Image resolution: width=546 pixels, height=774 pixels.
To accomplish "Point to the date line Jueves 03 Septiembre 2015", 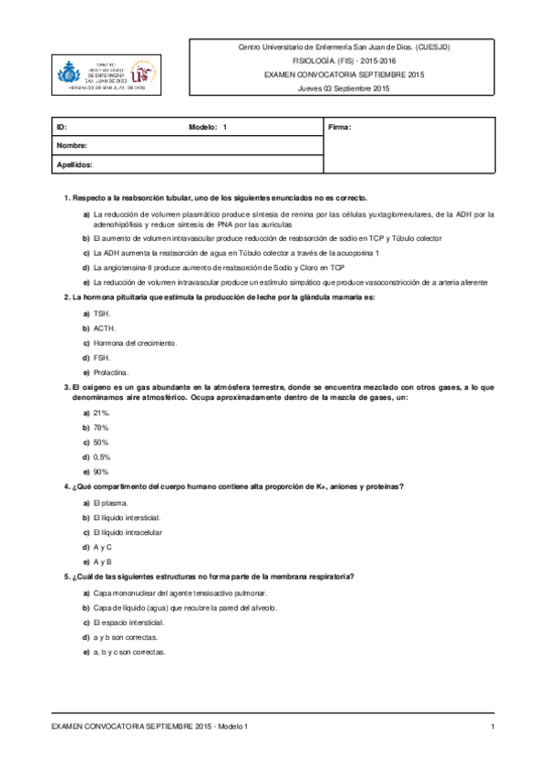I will [344, 89].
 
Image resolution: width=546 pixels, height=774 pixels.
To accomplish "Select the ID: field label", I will [62, 127].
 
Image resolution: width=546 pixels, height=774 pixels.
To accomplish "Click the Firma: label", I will [339, 127].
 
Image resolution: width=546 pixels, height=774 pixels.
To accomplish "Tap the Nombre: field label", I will [72, 146].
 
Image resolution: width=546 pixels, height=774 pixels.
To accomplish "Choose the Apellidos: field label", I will [76, 165].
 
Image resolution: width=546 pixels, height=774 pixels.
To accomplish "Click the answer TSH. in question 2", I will [101, 313].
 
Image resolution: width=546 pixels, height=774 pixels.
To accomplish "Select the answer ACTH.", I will [104, 328].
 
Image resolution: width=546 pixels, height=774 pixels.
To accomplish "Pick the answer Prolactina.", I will [111, 371].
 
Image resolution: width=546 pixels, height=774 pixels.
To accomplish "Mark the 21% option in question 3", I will [101, 413].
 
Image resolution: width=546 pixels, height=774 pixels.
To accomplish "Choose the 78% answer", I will [101, 427].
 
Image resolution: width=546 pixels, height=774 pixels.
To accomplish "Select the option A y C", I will [102, 546].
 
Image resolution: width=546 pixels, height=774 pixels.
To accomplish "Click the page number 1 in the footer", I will [492, 726].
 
